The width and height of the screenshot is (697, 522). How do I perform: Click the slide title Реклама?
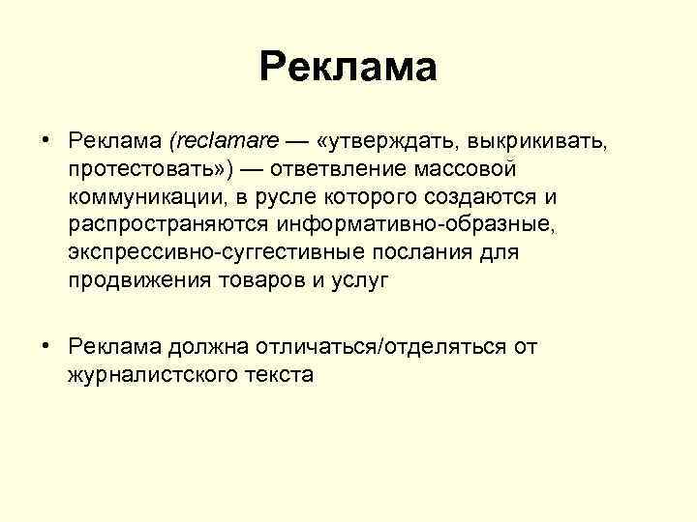tap(348, 69)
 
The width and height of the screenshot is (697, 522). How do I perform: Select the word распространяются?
tap(170, 224)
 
